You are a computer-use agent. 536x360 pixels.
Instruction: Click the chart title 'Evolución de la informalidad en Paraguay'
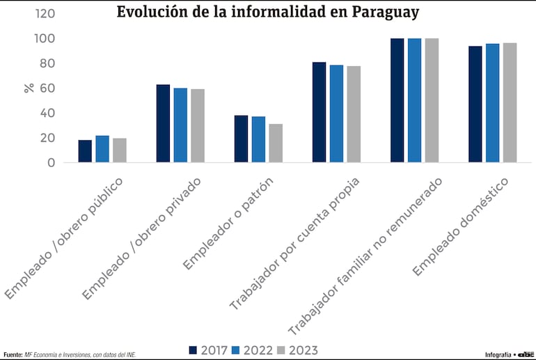[x=268, y=13]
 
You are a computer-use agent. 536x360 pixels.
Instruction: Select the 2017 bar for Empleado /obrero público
[x=85, y=151]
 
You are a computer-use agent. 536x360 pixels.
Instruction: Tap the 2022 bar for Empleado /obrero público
[x=102, y=149]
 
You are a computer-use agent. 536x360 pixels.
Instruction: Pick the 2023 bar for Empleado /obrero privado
[x=198, y=126]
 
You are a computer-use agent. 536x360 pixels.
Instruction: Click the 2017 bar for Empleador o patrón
[x=241, y=139]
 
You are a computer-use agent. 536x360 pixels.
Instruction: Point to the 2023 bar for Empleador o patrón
[x=276, y=143]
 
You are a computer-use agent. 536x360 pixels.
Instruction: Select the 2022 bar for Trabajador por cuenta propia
[x=336, y=114]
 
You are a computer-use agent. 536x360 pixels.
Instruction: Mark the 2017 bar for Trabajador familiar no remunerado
[x=397, y=100]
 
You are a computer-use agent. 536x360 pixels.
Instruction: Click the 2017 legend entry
[x=208, y=350]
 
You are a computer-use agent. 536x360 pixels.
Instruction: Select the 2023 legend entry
[x=296, y=350]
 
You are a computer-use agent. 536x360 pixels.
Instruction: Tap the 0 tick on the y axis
[x=51, y=162]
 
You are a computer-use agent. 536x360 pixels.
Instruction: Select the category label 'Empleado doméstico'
[x=461, y=226]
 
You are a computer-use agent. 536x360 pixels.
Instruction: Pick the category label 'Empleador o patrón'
[x=228, y=224]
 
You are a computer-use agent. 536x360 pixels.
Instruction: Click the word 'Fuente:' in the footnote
[x=13, y=354]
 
